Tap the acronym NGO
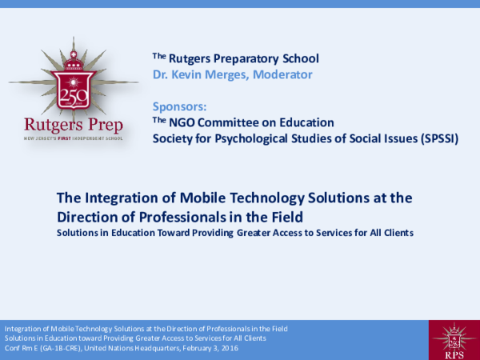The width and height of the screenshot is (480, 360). coord(180,122)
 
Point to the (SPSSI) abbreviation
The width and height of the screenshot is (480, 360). coord(436,138)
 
